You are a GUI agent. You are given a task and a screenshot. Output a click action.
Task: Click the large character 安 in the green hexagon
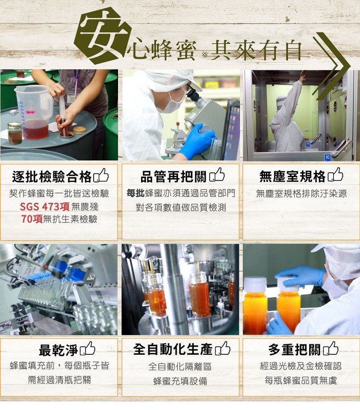[x=102, y=36]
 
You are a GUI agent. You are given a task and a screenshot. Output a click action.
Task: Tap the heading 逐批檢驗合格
[x=52, y=177]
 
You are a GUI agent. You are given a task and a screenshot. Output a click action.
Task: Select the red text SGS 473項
[x=45, y=207]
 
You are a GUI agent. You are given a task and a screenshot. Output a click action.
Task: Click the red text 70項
[x=32, y=219]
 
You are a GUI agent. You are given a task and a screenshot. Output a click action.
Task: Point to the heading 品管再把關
[x=174, y=177]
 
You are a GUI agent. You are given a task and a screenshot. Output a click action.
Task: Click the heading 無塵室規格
[x=292, y=176]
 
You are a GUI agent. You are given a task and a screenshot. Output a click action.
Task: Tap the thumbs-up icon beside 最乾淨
[x=87, y=348]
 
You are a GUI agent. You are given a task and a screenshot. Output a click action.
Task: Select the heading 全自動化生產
[x=173, y=350]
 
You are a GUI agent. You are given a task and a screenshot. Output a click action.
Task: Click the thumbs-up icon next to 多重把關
[x=331, y=348]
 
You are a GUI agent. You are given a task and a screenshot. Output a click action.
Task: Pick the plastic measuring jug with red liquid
[x=34, y=112]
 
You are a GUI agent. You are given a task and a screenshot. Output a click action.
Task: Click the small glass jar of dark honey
[x=15, y=133]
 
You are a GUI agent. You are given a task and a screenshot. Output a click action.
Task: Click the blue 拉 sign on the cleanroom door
[x=327, y=157]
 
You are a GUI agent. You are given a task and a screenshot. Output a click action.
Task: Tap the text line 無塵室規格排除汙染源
[x=301, y=193]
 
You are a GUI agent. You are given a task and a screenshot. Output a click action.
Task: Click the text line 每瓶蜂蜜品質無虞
[x=300, y=380]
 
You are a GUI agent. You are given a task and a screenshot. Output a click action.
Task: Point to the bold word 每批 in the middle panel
[x=135, y=193]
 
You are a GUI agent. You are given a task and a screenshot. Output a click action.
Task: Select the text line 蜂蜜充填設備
[x=180, y=381]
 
